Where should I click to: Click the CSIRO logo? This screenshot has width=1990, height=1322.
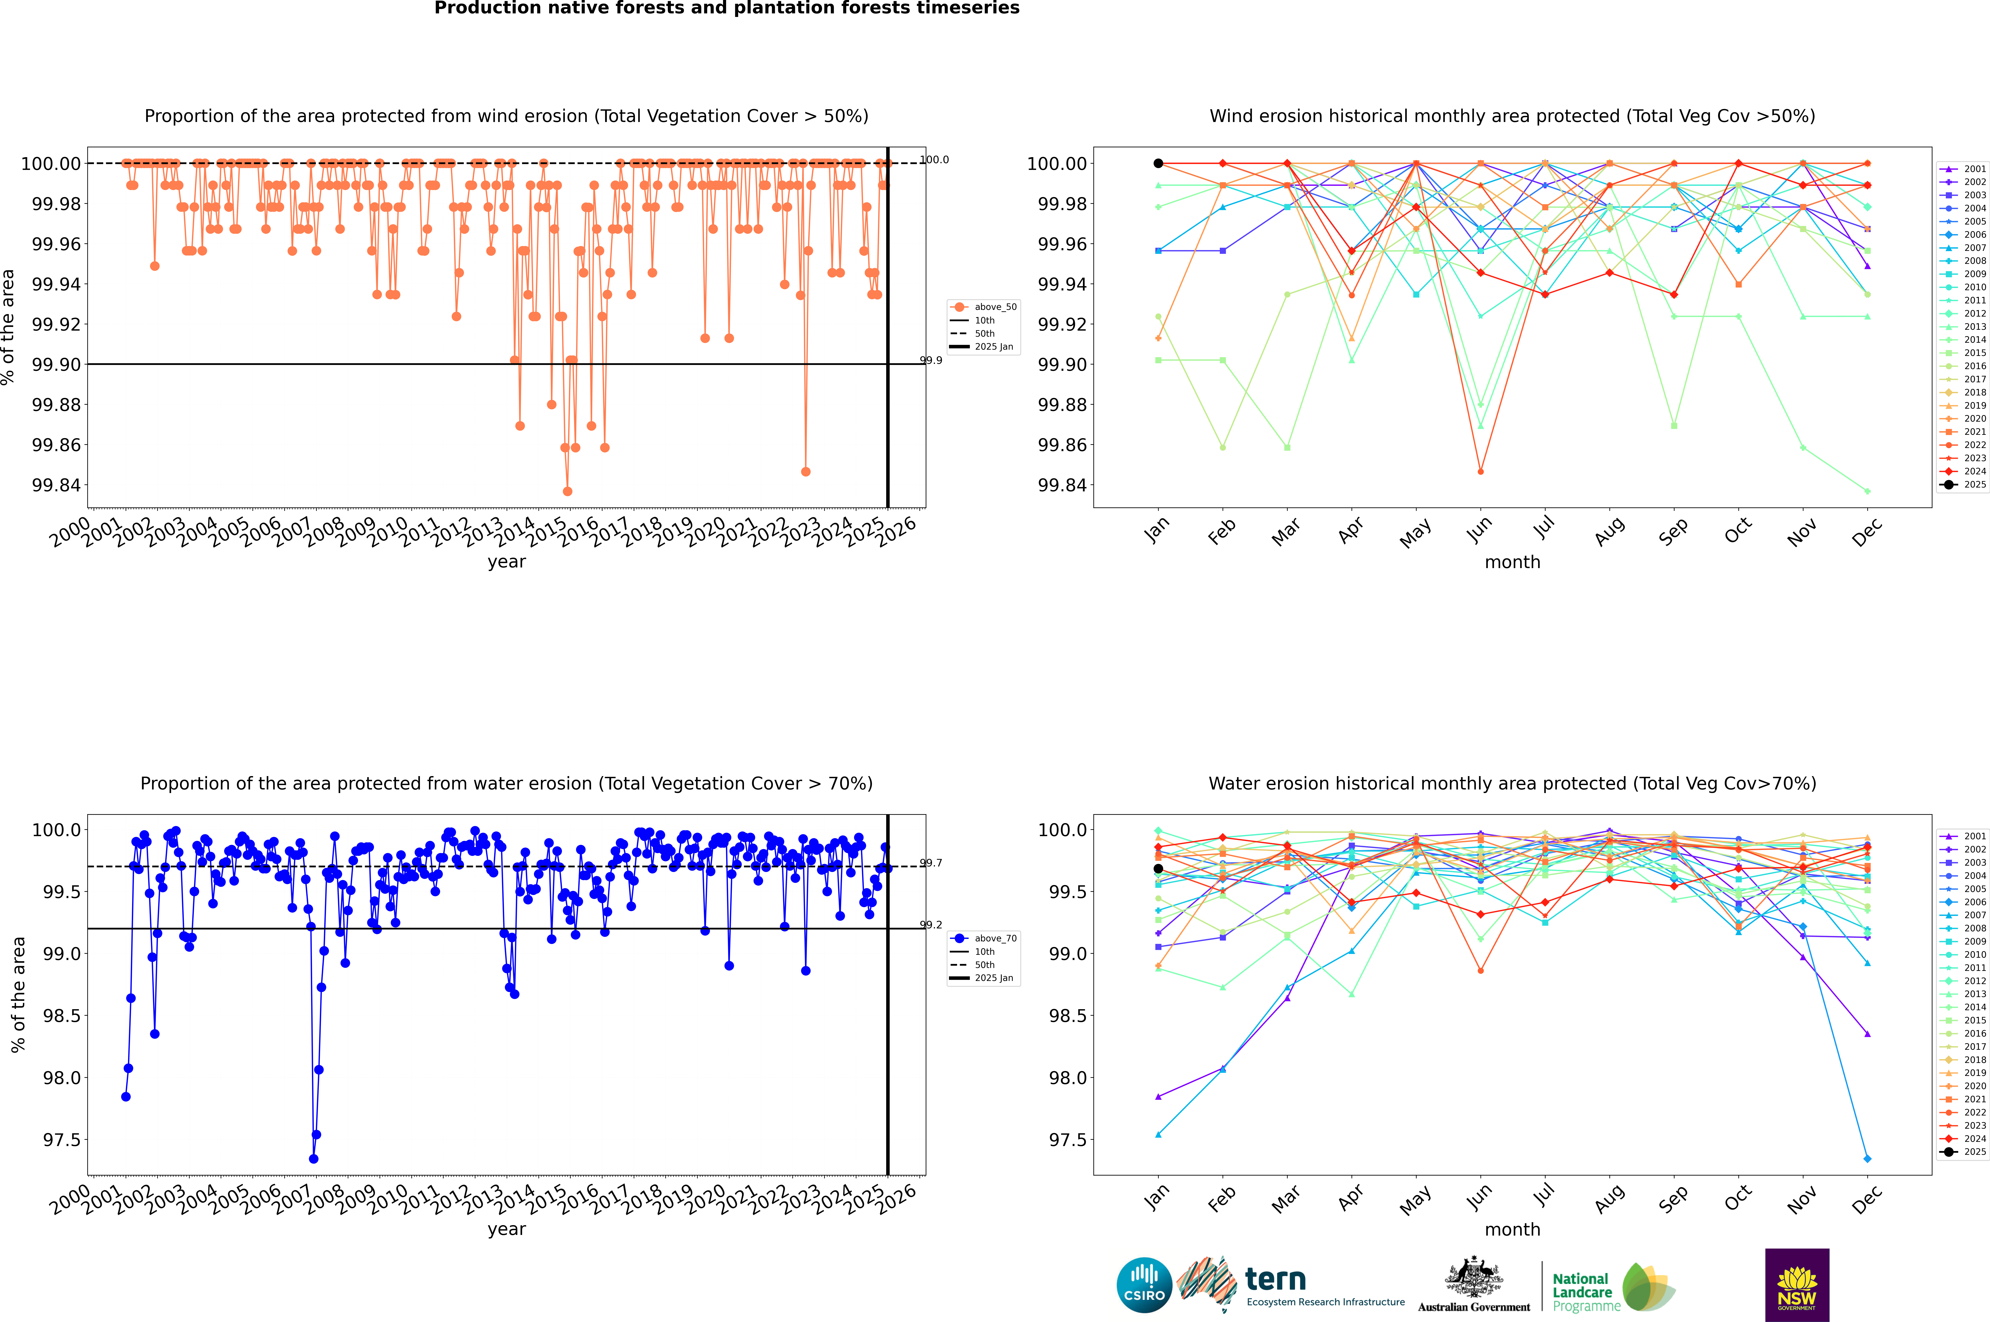click(1144, 1285)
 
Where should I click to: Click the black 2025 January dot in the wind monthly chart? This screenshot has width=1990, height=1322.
click(1158, 164)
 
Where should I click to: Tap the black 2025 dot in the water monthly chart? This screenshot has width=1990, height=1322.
click(1158, 868)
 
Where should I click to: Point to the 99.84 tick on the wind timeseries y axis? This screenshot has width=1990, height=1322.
click(57, 486)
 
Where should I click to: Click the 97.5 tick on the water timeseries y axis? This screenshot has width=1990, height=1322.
click(62, 1140)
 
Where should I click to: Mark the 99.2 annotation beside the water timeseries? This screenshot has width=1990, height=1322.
click(931, 925)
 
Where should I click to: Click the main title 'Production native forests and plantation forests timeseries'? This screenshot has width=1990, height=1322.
click(726, 8)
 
